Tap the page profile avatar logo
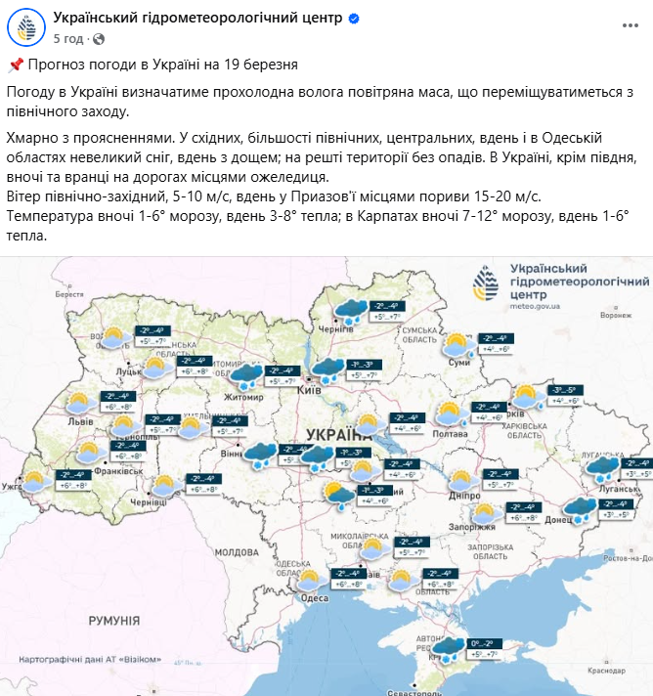pyautogui.click(x=28, y=27)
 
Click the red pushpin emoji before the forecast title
pyautogui.click(x=15, y=65)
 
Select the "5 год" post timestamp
pyautogui.click(x=67, y=38)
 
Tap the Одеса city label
pyautogui.click(x=314, y=598)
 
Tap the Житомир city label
pyautogui.click(x=243, y=397)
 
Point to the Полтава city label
pyautogui.click(x=450, y=432)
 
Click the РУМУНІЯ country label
pyautogui.click(x=113, y=620)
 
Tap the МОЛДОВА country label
pyautogui.click(x=235, y=552)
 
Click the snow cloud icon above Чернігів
pyautogui.click(x=350, y=311)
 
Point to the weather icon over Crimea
pyautogui.click(x=448, y=648)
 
